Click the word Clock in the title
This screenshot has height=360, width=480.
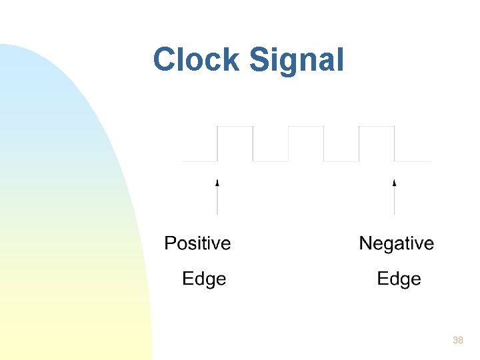coord(197,60)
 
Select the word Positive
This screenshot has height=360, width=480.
coord(197,243)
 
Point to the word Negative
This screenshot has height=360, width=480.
coord(396,244)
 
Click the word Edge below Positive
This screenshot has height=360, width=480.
coord(204,279)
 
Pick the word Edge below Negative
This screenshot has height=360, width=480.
coord(399,279)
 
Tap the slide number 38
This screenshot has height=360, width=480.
coord(457,340)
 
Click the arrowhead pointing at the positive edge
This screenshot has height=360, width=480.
coord(217,181)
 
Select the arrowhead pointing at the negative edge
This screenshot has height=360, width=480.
coord(394,181)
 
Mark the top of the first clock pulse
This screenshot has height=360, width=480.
coord(235,126)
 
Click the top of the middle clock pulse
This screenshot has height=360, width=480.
coord(306,126)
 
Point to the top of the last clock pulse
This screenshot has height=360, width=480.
coord(377,126)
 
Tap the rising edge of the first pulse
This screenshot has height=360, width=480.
coord(217,143)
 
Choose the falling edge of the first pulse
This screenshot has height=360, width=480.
coord(253,143)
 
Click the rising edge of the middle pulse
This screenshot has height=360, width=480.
coord(289,143)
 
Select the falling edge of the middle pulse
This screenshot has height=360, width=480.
coord(324,143)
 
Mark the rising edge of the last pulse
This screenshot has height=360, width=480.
coord(359,143)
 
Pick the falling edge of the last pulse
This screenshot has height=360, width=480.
coord(394,143)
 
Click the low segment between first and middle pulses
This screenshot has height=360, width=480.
coord(271,161)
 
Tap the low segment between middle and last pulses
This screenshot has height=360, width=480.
coord(341,161)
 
